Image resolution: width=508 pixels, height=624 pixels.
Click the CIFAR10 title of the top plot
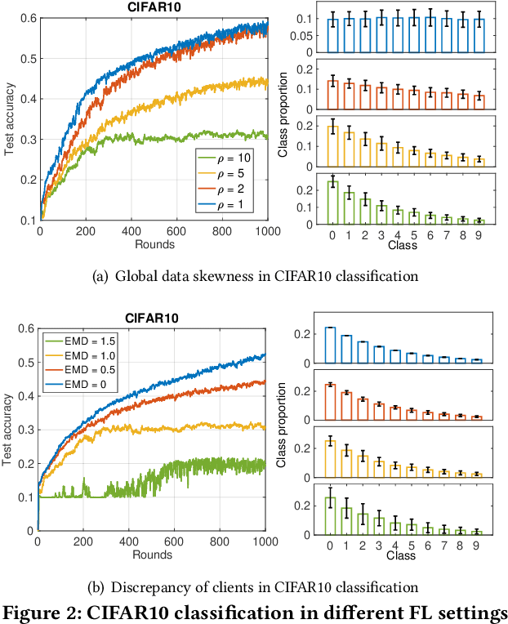154,7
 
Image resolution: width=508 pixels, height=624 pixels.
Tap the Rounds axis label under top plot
153,243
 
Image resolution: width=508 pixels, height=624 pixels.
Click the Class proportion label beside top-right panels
283,114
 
